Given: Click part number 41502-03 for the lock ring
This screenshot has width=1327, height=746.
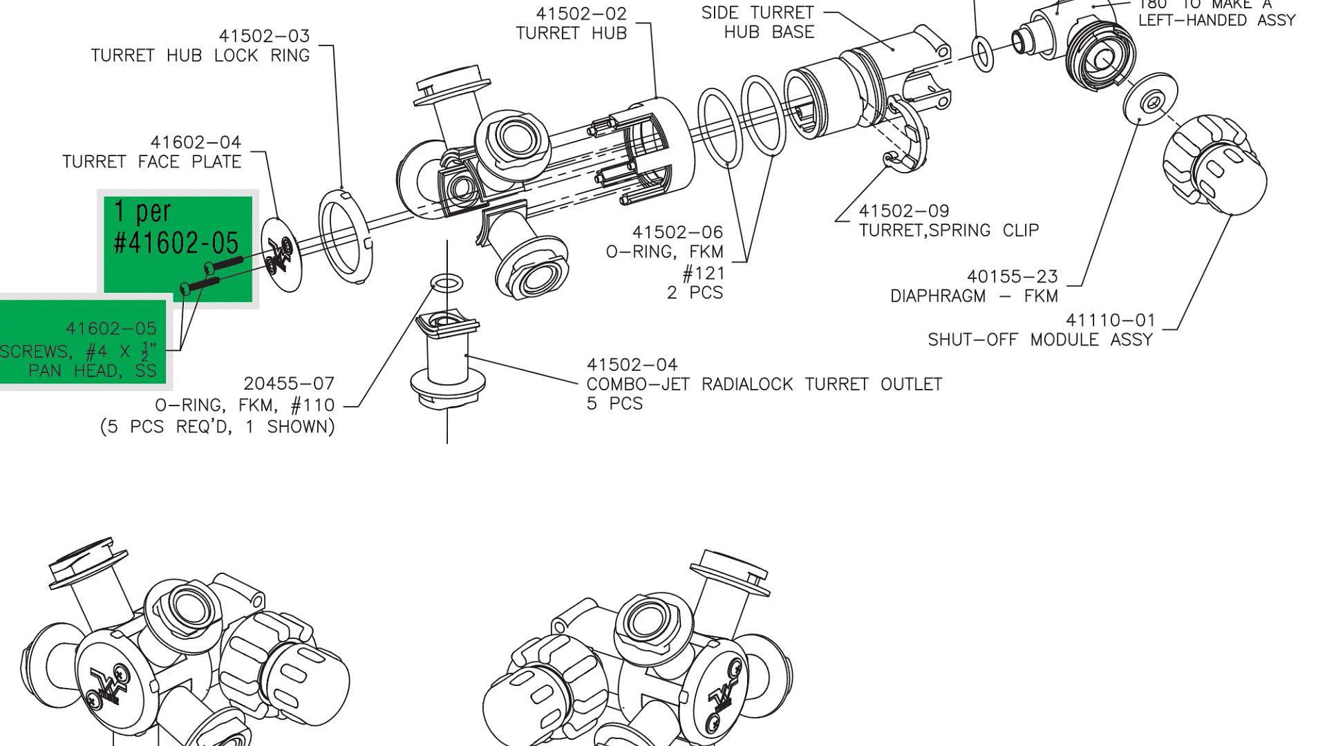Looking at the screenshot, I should pyautogui.click(x=264, y=36).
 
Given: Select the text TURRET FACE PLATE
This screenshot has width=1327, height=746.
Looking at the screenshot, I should pyautogui.click(x=151, y=162).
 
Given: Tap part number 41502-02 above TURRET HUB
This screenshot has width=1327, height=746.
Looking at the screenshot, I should pyautogui.click(x=581, y=14).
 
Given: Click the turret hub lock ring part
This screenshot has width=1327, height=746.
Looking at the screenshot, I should pyautogui.click(x=345, y=235).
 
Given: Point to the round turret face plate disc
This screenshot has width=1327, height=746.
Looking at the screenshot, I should pyautogui.click(x=282, y=254).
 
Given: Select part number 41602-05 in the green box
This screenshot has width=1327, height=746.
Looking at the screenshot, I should pyautogui.click(x=111, y=328).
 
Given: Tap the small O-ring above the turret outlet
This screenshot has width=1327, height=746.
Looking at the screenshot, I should pyautogui.click(x=446, y=283).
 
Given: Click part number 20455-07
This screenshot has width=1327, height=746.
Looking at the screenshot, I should pyautogui.click(x=289, y=383).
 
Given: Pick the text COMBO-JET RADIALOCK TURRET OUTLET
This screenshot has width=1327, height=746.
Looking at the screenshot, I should pyautogui.click(x=764, y=384).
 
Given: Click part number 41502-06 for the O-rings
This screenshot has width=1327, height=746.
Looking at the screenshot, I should pyautogui.click(x=677, y=233).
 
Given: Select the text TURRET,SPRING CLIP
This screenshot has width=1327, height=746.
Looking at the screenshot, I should pyautogui.click(x=948, y=231).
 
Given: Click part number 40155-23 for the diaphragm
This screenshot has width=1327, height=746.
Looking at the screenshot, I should pyautogui.click(x=1012, y=277).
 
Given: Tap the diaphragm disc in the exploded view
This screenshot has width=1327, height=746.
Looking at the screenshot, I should pyautogui.click(x=1150, y=100).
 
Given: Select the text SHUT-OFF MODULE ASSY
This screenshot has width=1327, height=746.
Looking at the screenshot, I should pyautogui.click(x=1039, y=340).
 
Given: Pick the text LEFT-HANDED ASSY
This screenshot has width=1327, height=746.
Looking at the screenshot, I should pyautogui.click(x=1216, y=21).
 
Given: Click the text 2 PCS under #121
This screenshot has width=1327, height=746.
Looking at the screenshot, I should pyautogui.click(x=695, y=293).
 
